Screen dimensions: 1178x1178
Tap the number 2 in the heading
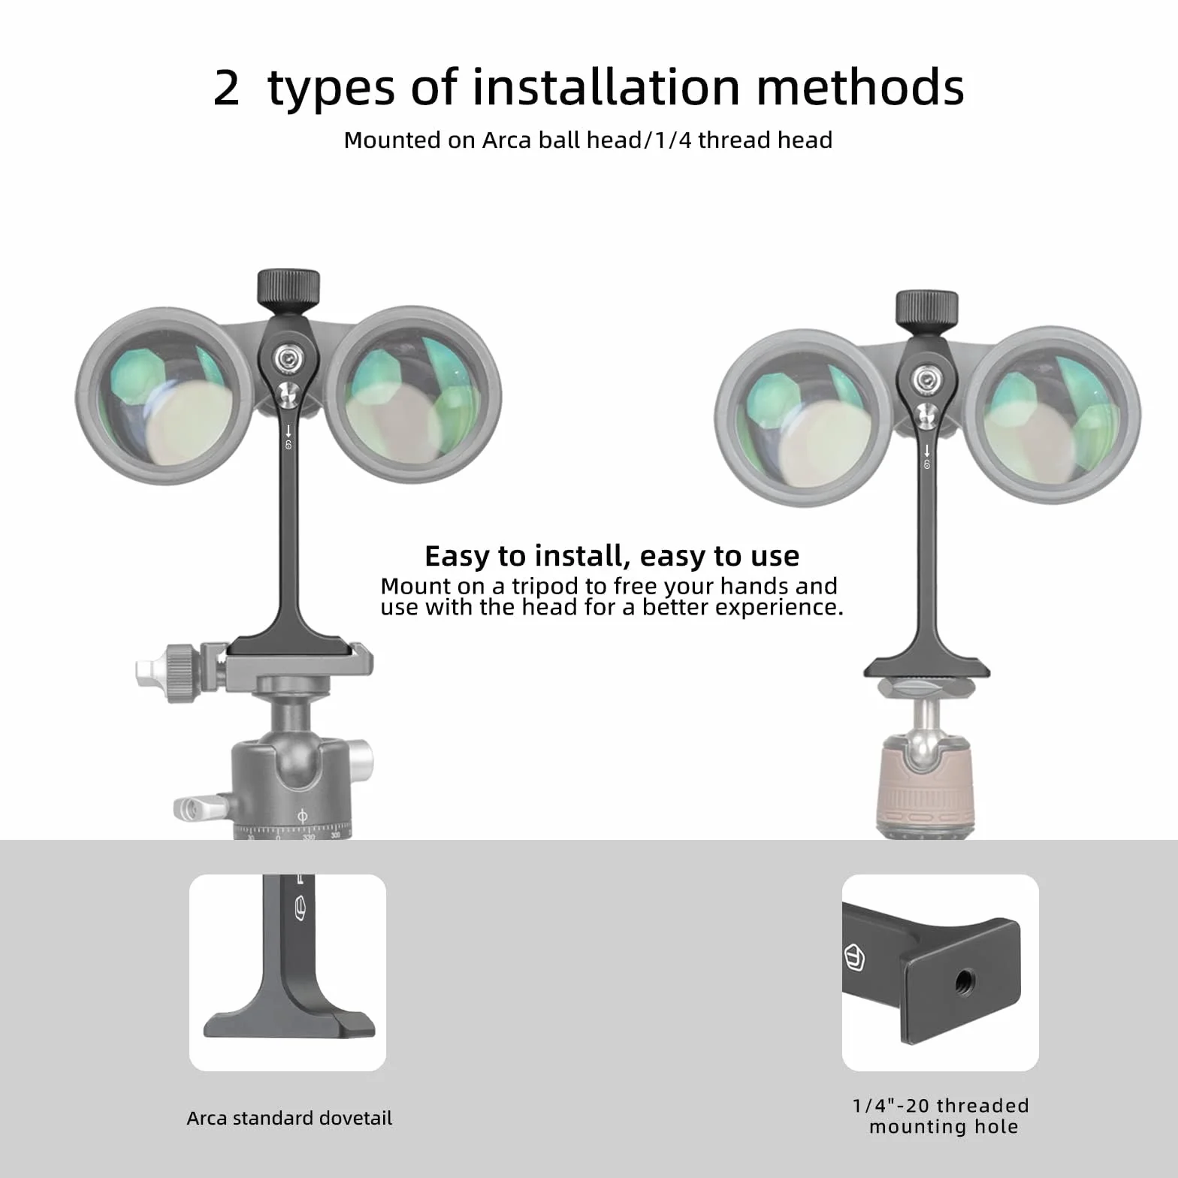coord(226,88)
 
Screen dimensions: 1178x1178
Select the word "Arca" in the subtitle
coord(507,140)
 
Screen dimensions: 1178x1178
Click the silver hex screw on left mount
coord(288,359)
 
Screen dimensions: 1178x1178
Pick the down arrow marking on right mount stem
coord(927,451)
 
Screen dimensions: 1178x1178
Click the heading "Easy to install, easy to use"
coord(612,556)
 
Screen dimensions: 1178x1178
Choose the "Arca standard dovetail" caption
coord(289,1118)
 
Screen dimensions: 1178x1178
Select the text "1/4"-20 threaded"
coord(941,1106)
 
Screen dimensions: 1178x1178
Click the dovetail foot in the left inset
coord(289,1023)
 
